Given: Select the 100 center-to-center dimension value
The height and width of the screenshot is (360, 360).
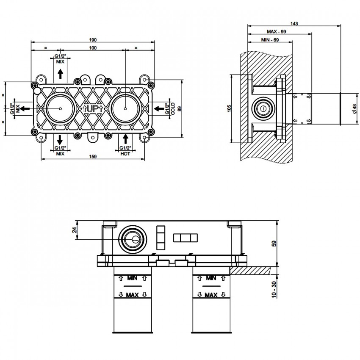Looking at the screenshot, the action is [x=93, y=48].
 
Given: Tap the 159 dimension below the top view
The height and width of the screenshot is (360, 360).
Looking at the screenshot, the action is [x=93, y=157].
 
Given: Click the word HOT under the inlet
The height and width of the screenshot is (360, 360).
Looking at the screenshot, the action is [x=125, y=153].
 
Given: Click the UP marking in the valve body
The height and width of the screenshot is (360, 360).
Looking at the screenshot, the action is [x=93, y=109].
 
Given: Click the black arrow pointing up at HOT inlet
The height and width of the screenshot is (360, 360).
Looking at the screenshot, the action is [x=125, y=138].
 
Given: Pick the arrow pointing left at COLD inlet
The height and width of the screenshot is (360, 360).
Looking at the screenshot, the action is [x=159, y=109].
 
